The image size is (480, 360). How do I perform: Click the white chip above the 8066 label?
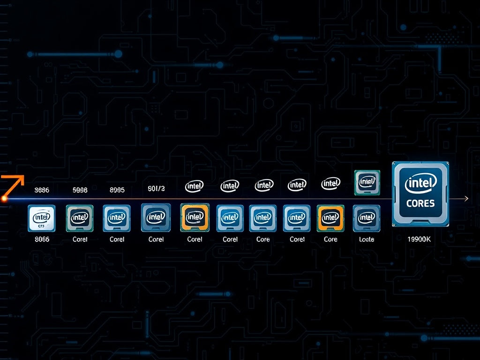coord(41,218)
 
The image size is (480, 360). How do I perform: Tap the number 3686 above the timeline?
coord(42,190)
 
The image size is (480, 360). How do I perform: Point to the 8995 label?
coord(117,190)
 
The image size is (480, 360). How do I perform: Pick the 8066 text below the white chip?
coord(42,239)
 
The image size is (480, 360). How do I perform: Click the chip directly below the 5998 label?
coord(79,218)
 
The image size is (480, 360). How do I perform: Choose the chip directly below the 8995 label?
coord(116,218)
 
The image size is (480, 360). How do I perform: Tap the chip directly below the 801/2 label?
coord(156,217)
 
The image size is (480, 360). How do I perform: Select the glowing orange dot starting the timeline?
coord(4,199)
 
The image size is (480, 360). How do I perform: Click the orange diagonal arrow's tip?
coord(22,177)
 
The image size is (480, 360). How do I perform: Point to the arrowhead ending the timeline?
coord(466,199)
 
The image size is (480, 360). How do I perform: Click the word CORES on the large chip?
coord(421,203)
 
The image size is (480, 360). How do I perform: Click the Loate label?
coord(366,239)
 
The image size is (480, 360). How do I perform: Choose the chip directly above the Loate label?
coord(366,218)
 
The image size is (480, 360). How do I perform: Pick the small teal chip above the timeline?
coord(367,182)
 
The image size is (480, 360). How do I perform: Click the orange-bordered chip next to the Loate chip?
coord(330,218)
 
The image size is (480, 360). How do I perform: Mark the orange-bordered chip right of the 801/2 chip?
coord(195,218)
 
